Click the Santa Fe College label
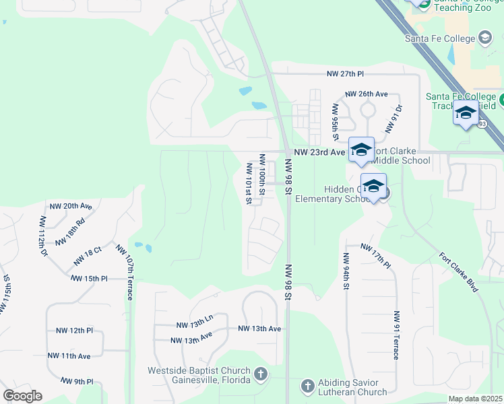(x=440, y=38)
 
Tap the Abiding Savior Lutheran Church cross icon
(x=307, y=386)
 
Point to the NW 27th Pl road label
(x=345, y=73)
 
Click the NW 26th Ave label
(x=367, y=94)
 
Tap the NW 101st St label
(x=249, y=184)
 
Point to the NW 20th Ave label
(x=71, y=205)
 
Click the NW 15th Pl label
(x=89, y=278)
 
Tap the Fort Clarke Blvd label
(x=458, y=271)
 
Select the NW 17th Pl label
(x=375, y=255)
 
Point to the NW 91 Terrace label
(x=398, y=335)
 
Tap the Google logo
(x=22, y=396)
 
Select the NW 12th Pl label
(x=74, y=331)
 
